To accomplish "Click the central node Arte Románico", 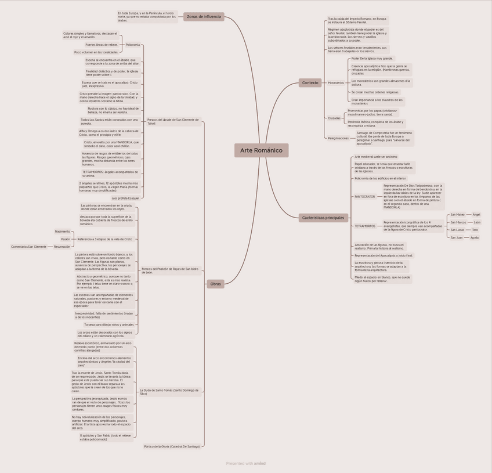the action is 261,150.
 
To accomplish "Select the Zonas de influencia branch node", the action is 204,17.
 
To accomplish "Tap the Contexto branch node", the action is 310,83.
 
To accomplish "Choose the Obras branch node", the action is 215,284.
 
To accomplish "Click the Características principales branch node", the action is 323,218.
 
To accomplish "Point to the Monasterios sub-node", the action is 335,83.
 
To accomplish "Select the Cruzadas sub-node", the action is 334,118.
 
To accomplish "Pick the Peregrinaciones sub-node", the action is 338,139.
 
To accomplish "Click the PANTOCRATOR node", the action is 365,197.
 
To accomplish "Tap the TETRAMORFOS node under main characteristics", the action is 365,226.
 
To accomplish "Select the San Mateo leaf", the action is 457,215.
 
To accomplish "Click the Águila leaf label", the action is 475,237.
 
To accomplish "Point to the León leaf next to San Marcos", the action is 477,222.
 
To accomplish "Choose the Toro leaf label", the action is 475,230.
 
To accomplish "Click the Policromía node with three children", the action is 133,45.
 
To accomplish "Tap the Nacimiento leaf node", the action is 63,232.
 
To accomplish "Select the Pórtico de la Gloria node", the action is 172,446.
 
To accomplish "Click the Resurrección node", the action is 62,247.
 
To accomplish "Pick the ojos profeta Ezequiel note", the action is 125,198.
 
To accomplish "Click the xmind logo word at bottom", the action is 260,463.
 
